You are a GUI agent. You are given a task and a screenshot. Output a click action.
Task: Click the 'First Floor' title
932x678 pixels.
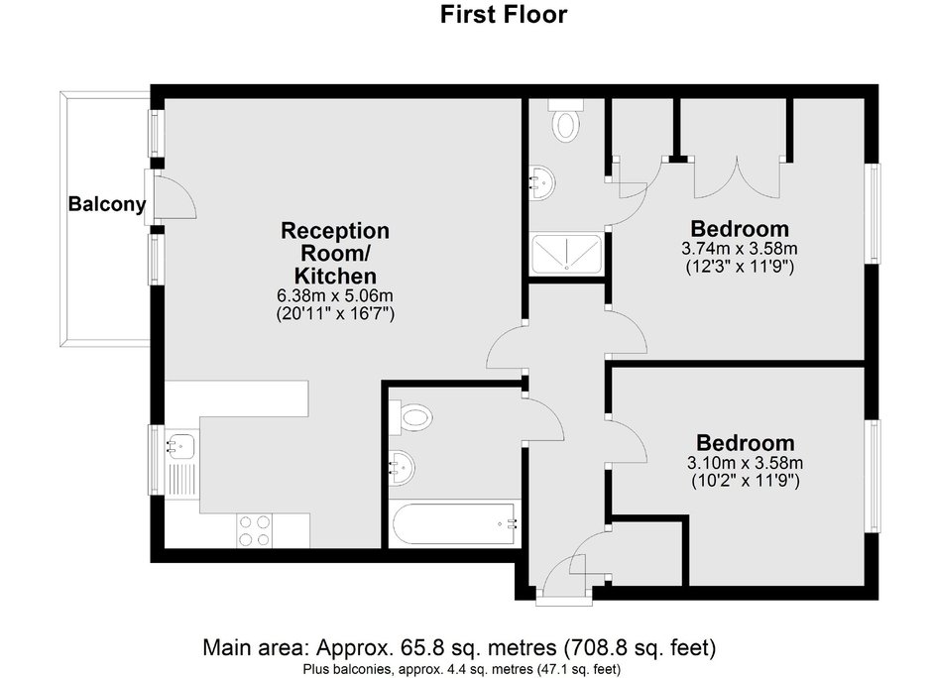(x=504, y=14)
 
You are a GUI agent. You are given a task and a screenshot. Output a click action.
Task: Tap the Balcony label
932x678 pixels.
(x=107, y=204)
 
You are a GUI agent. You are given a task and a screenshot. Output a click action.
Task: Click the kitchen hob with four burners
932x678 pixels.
(x=255, y=530)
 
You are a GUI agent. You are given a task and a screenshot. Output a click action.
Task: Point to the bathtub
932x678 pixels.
(x=454, y=523)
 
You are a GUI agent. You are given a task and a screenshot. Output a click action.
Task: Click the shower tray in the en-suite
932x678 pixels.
(x=566, y=254)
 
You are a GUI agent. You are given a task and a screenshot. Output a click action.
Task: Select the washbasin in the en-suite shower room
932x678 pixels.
(x=542, y=182)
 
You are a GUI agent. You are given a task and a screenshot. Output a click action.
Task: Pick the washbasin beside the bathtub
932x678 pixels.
(x=402, y=467)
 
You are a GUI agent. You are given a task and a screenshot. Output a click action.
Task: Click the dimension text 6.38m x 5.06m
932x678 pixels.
(x=336, y=295)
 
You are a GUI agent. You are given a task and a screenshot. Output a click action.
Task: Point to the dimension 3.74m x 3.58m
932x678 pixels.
(x=740, y=248)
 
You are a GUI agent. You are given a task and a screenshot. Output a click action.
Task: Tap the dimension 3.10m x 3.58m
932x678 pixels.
(x=746, y=462)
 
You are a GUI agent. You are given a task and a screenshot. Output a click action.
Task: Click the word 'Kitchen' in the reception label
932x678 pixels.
(x=336, y=276)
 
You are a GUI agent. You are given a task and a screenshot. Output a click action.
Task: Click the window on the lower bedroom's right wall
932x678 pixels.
(x=873, y=476)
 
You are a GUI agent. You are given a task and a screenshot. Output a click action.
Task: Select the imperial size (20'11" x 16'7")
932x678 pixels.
(x=336, y=313)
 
